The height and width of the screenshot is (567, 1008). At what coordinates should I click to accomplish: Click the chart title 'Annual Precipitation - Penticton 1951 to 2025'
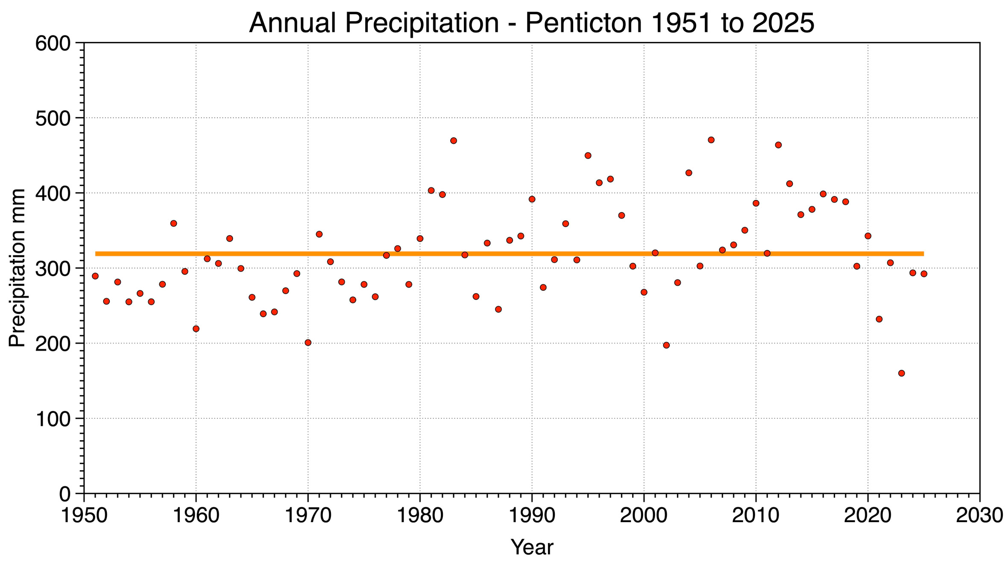pos(531,23)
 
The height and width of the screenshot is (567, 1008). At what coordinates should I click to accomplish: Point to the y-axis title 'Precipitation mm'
pos(18,268)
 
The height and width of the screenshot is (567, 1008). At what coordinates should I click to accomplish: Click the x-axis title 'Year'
pos(532,547)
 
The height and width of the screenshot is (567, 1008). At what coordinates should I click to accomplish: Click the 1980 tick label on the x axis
pos(420,515)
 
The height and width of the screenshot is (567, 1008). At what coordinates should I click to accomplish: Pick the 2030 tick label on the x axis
pos(979,515)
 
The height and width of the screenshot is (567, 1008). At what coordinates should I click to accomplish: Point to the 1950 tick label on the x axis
pos(84,515)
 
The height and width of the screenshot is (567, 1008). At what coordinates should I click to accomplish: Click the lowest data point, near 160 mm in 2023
pos(902,373)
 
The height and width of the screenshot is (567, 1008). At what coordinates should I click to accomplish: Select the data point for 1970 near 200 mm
pos(308,342)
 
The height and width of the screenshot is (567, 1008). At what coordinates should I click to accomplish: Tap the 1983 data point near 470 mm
pos(454,140)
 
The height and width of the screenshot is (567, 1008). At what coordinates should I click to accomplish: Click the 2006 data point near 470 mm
pos(711,140)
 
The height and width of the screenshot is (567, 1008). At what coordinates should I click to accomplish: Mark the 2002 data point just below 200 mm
pos(666,345)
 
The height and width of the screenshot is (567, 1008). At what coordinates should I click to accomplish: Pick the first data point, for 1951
pos(95,276)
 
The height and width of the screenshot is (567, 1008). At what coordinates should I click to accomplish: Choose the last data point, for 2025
pos(924,274)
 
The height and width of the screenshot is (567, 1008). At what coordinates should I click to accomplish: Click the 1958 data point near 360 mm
pos(173,223)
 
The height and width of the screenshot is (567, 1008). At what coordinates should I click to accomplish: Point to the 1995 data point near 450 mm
pos(588,155)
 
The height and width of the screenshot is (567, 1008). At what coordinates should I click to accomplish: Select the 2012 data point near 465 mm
pos(778,145)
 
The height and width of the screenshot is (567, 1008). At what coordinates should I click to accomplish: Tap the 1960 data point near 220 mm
pos(196,329)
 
